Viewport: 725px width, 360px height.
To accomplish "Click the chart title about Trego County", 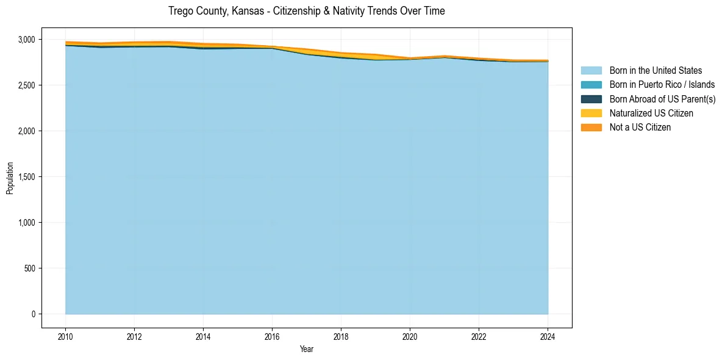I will [x=307, y=11].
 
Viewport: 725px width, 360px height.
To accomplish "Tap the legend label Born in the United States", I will [x=655, y=71].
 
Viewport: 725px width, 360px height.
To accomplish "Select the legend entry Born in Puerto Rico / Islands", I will [x=662, y=85].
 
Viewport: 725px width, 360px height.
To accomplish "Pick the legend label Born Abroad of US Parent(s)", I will [x=662, y=99].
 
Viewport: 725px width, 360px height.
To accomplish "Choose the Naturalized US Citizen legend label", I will [x=651, y=113].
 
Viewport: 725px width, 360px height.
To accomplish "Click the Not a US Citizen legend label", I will [x=640, y=128].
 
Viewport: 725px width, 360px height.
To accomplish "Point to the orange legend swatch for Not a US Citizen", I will [x=591, y=128].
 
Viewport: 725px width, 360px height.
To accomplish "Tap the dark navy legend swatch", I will [x=591, y=99].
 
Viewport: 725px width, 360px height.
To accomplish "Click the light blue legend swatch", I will [x=591, y=71].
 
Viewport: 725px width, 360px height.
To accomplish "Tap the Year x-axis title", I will [x=307, y=349].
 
